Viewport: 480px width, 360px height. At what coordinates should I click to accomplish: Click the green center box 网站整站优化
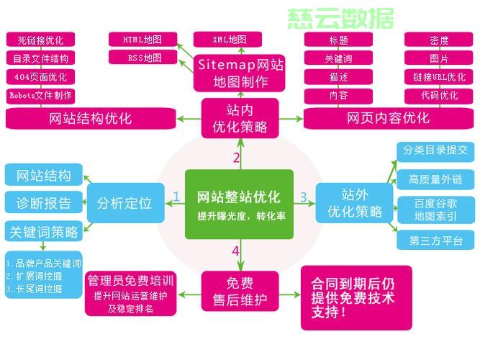[240, 204]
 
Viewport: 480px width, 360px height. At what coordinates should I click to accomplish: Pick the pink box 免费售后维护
[240, 289]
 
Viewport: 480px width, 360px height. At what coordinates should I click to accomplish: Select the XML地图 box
[230, 39]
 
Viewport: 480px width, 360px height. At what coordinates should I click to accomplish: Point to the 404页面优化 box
[40, 77]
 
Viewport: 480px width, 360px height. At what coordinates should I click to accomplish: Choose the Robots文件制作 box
[40, 95]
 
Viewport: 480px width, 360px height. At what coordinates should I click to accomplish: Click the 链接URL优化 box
[439, 76]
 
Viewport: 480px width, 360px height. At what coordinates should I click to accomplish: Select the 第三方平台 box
[436, 240]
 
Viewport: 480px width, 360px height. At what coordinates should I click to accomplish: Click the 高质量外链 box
[436, 179]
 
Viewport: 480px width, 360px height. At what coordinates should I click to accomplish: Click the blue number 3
[304, 197]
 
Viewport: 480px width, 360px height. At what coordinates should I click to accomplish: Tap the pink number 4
[235, 251]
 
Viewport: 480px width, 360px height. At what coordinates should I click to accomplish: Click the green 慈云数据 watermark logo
[341, 19]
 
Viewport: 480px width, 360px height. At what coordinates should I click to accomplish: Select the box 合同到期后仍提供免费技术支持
[356, 297]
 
